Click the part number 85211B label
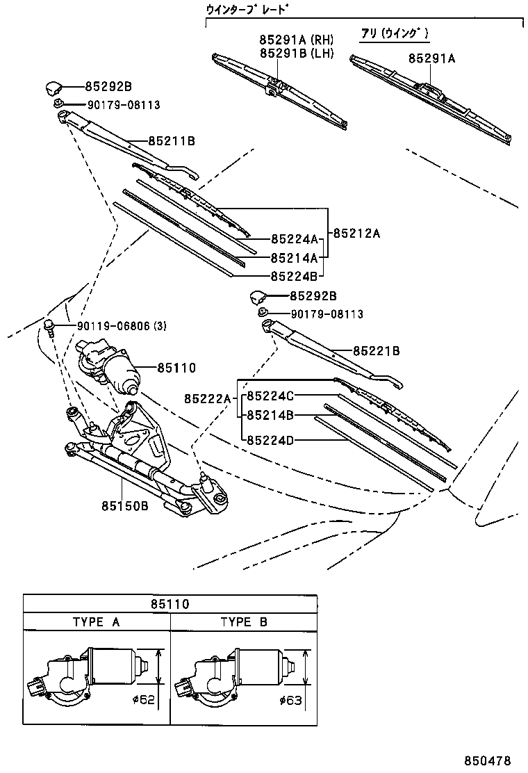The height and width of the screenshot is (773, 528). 172,141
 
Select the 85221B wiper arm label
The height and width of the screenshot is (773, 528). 377,352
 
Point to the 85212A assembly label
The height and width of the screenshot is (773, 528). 357,234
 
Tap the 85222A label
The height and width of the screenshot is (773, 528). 207,398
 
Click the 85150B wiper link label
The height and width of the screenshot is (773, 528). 126,506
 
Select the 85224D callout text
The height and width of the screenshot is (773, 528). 271,439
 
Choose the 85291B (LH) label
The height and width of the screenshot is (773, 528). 297,53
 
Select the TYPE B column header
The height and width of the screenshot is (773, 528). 244,622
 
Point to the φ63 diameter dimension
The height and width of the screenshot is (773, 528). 291,700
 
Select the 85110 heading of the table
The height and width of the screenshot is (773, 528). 170,603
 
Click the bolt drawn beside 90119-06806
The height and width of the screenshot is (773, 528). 49,327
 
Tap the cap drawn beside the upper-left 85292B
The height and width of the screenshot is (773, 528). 54,88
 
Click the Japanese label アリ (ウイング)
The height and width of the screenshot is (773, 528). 395,33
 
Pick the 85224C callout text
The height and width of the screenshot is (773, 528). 271,396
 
